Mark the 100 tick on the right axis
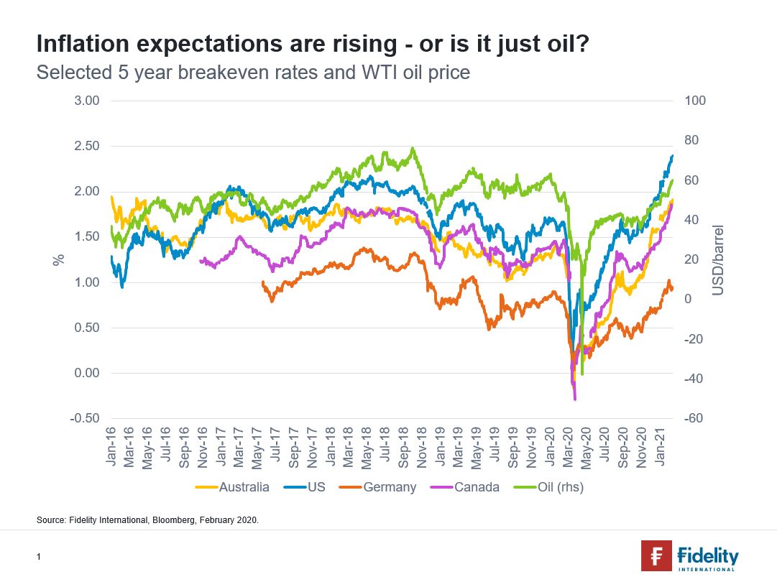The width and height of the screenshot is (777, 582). point(696,101)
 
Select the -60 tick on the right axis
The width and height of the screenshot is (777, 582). point(694,419)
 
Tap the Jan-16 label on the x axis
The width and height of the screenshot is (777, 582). point(111,450)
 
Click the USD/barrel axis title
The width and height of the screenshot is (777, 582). point(718,260)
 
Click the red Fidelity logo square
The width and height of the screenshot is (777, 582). point(656,556)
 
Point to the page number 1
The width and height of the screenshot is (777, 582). point(38,557)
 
